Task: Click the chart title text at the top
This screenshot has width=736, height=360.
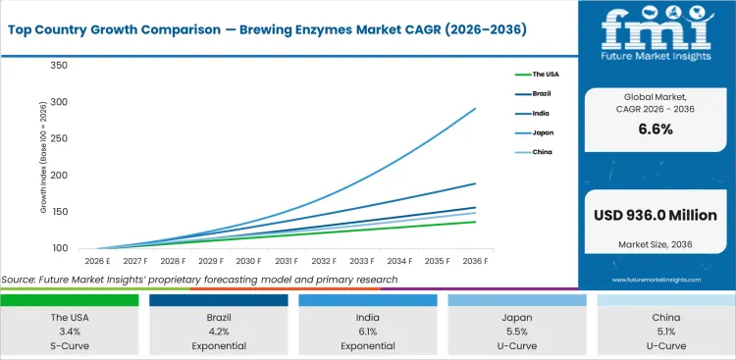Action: (x=269, y=29)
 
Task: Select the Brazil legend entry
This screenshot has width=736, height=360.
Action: (x=541, y=93)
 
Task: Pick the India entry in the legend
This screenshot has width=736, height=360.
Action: (x=540, y=113)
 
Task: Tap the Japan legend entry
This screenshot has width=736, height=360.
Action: (x=541, y=132)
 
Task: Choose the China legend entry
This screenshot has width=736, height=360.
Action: (x=541, y=152)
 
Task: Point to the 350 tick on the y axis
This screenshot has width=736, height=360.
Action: (x=58, y=66)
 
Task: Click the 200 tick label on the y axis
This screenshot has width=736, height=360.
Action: (x=58, y=176)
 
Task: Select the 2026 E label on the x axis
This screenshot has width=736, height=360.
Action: (x=95, y=262)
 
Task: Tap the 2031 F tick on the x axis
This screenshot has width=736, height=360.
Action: (x=287, y=262)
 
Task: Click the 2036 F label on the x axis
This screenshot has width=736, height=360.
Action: (x=476, y=262)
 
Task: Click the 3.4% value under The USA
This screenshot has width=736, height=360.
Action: (x=70, y=333)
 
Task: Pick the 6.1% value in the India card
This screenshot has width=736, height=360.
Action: (x=367, y=333)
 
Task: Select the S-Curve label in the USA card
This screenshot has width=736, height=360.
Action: (x=70, y=346)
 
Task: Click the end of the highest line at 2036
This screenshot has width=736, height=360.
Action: (x=476, y=109)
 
